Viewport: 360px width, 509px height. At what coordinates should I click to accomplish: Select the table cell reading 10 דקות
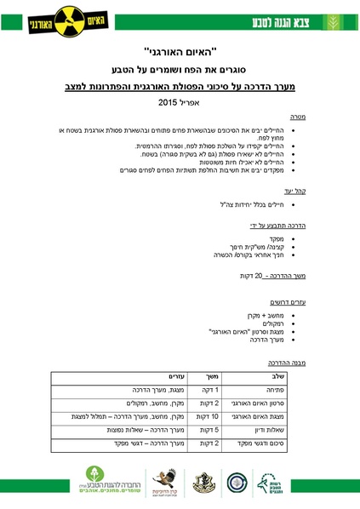click(x=212, y=416)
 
